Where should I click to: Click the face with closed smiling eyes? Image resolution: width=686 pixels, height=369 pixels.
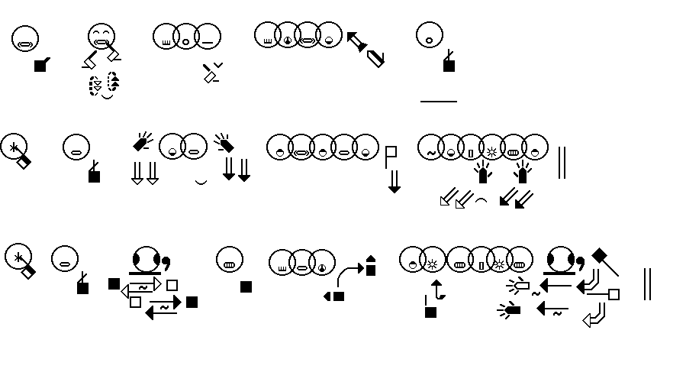point(101,36)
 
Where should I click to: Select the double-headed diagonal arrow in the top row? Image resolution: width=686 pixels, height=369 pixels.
point(366,48)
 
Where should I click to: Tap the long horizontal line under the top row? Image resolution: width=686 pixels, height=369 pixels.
point(438,101)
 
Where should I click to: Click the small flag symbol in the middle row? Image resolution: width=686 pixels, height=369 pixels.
point(391,154)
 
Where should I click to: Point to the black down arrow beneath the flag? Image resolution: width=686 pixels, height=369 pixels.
point(394,182)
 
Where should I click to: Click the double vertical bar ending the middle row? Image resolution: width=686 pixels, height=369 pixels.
point(562,162)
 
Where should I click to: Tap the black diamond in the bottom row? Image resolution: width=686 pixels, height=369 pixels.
point(600,255)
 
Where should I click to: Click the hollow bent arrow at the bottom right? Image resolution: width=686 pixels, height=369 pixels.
point(595,315)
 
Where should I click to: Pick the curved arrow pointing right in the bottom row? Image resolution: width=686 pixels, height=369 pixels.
point(349,273)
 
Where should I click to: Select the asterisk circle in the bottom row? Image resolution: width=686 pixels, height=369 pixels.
point(17,257)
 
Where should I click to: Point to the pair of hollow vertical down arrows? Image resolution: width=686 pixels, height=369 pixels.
point(144,172)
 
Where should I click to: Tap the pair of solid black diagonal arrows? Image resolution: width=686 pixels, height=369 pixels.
point(516,199)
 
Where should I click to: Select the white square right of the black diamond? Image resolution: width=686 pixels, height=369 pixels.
point(614,294)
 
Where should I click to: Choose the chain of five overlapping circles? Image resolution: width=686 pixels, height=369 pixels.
point(322,147)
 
